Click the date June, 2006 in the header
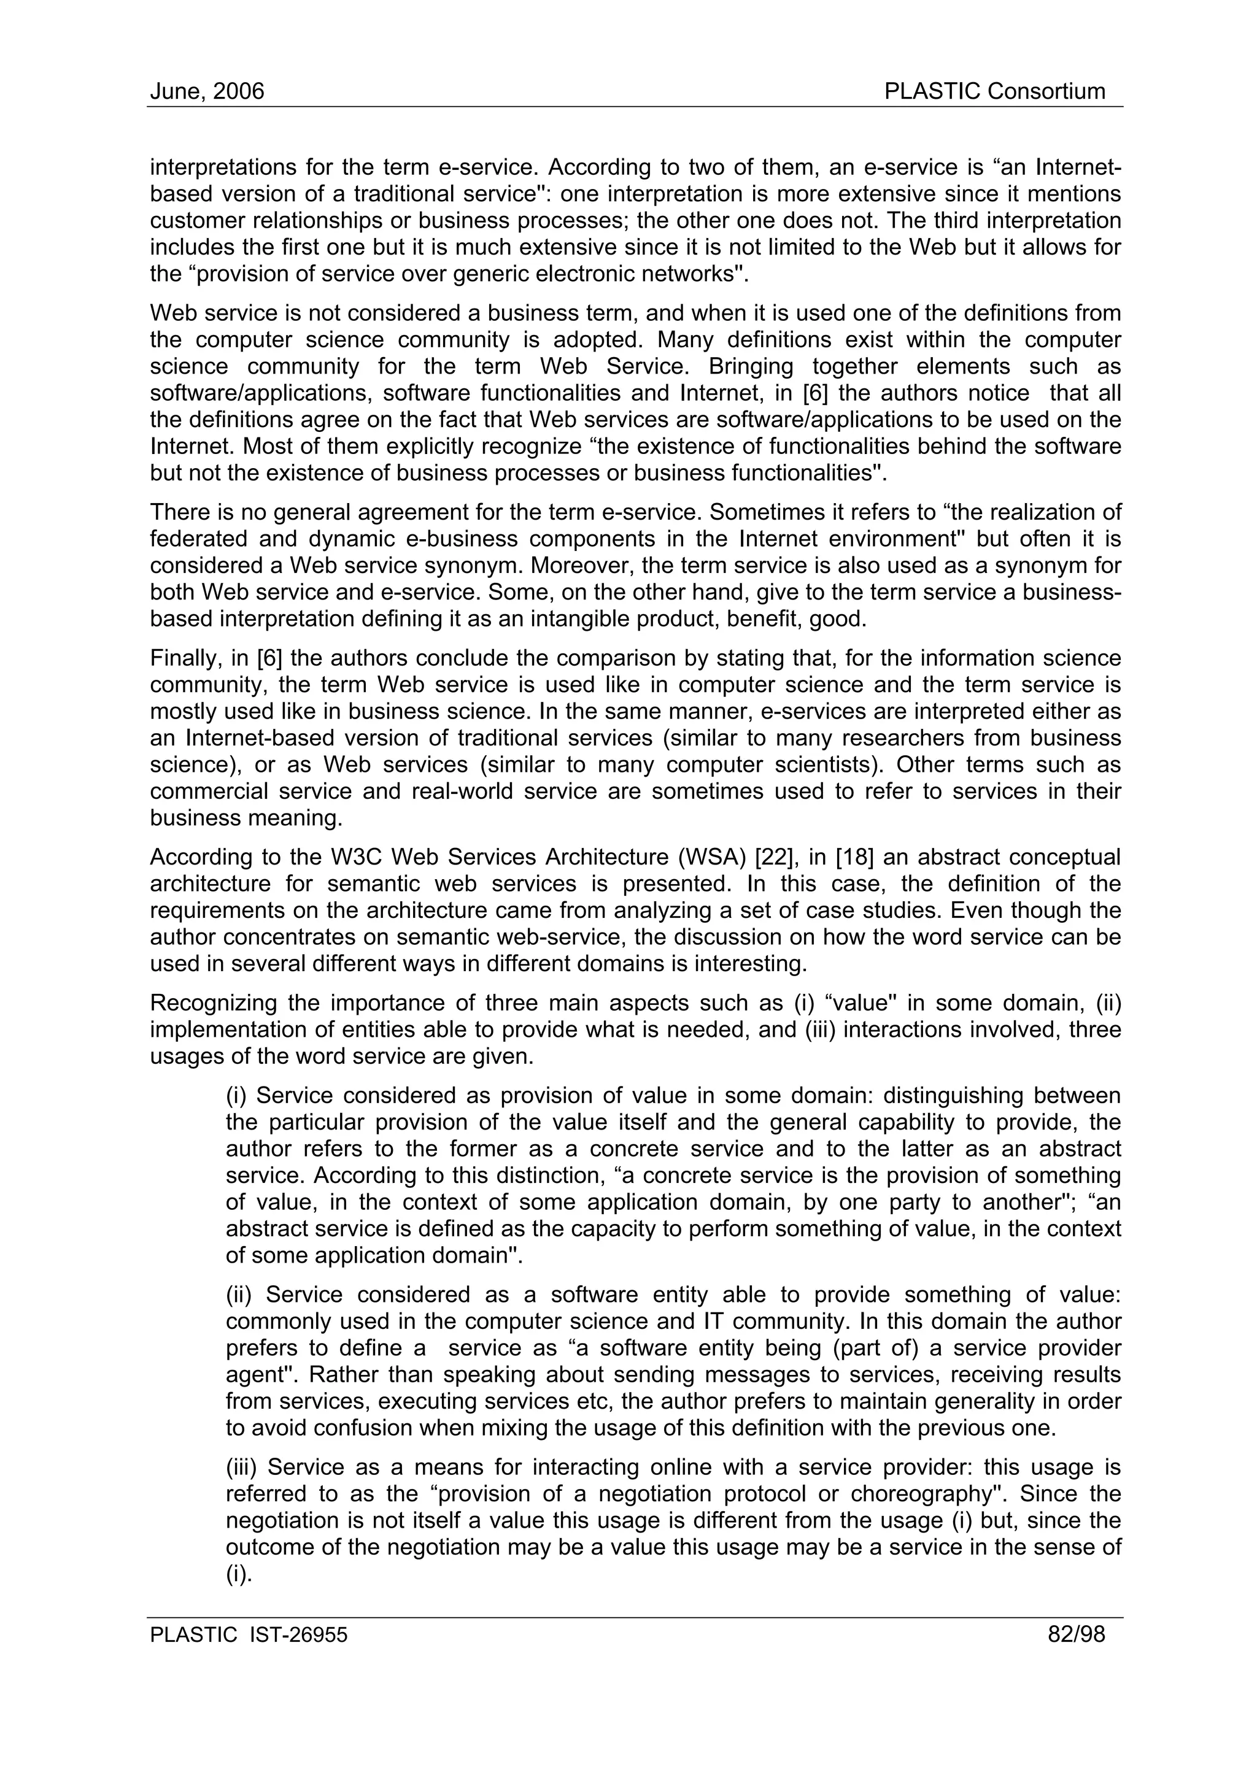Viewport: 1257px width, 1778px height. (x=207, y=91)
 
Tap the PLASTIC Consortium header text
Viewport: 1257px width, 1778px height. (x=994, y=91)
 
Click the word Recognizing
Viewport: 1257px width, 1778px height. (x=212, y=1003)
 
